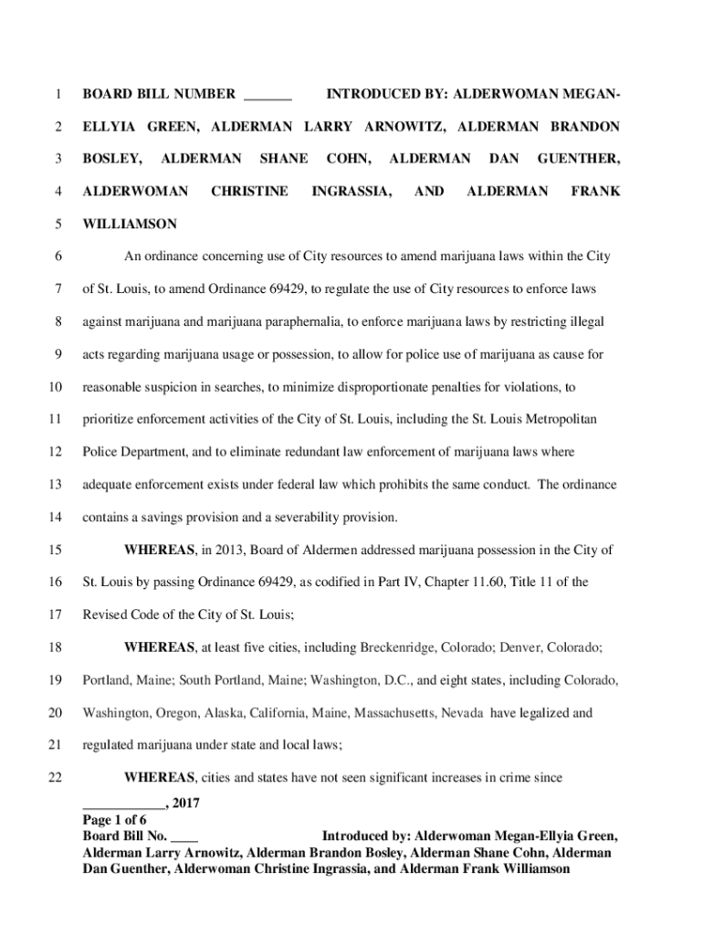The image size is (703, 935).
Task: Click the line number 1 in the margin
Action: tap(58, 94)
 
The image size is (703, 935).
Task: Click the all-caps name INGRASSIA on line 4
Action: tap(352, 191)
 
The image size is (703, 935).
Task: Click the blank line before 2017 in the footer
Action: tap(123, 805)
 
